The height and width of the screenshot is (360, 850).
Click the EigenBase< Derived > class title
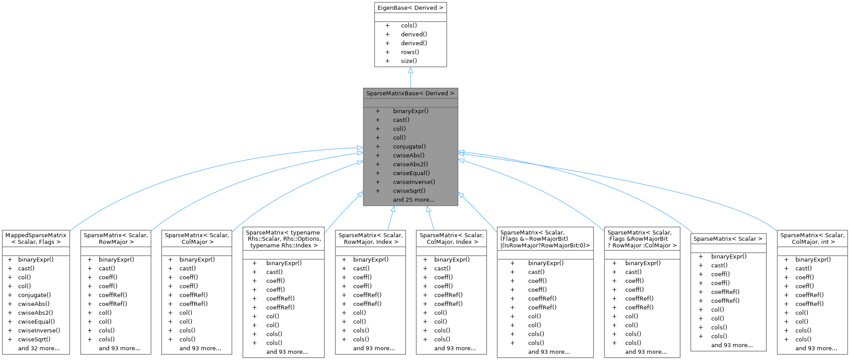pos(410,8)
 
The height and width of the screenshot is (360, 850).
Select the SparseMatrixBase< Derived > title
pos(410,94)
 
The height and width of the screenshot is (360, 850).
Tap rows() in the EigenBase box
pos(410,52)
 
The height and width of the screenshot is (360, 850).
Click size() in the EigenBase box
pos(409,61)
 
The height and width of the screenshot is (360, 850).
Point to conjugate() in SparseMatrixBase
pos(409,146)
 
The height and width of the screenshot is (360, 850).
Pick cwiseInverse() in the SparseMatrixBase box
pos(414,182)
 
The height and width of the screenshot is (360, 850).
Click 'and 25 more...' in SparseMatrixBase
pos(413,200)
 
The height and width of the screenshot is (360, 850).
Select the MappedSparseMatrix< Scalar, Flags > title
pos(36,239)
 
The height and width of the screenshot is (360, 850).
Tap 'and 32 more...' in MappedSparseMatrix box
pos(39,348)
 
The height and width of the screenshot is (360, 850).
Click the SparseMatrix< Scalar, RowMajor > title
pos(116,239)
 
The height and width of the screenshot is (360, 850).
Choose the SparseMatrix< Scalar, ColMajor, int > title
pos(812,239)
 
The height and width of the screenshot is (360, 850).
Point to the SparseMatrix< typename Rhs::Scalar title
pos(283,239)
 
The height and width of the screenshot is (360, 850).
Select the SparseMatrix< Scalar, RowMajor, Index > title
pos(370,239)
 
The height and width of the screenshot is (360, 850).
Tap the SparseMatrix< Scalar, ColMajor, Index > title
pos(452,239)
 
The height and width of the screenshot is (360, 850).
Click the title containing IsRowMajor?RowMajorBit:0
pos(545,239)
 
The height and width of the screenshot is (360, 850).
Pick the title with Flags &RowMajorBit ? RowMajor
pos(642,239)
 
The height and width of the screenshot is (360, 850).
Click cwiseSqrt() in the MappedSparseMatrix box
pos(34,339)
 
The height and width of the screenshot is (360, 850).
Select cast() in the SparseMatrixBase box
pos(401,120)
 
